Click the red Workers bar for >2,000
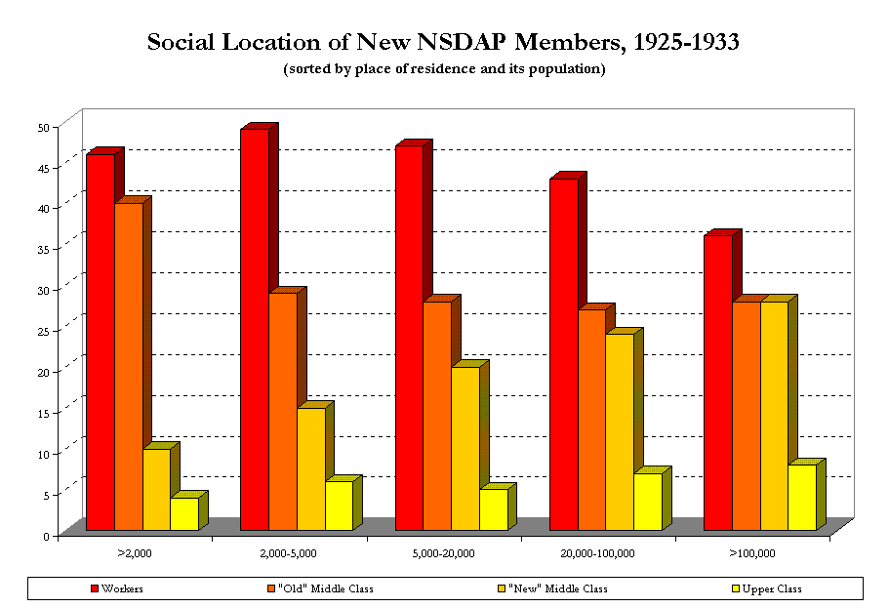(101, 342)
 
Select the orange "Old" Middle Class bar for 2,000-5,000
(283, 411)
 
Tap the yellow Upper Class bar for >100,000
(802, 497)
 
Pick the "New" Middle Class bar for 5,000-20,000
(465, 448)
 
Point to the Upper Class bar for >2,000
(183, 513)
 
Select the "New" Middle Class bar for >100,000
(774, 416)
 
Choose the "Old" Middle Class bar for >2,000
(129, 366)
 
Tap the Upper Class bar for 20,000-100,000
(648, 502)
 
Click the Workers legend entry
(116, 588)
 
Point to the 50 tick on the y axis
(43, 127)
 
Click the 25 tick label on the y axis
(43, 331)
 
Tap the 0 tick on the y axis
(46, 536)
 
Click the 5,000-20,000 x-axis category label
(443, 554)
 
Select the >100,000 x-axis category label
(751, 554)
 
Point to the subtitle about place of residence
(444, 69)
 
